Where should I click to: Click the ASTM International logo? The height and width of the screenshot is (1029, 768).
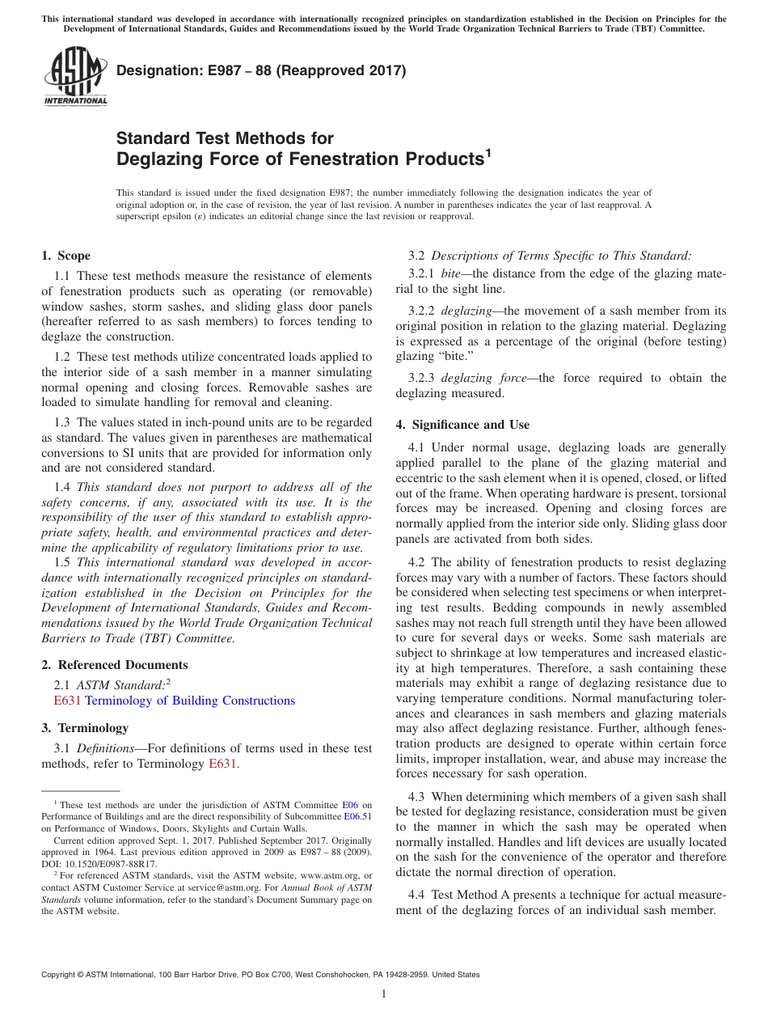tap(74, 77)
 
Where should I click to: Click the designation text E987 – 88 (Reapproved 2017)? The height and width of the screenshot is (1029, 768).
tap(261, 71)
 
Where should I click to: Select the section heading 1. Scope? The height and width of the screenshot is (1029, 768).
tap(65, 256)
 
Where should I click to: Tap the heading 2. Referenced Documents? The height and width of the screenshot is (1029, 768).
tap(114, 665)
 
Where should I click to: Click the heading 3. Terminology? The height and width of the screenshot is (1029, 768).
tap(84, 728)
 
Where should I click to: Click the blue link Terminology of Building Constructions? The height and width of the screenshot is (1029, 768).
tap(190, 701)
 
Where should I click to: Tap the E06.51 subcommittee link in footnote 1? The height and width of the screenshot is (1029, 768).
tap(357, 817)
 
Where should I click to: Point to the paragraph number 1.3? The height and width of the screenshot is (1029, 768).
tap(63, 422)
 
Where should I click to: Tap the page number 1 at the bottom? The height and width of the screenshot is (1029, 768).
tap(384, 993)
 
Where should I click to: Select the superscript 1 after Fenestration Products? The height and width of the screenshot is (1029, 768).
tap(487, 151)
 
